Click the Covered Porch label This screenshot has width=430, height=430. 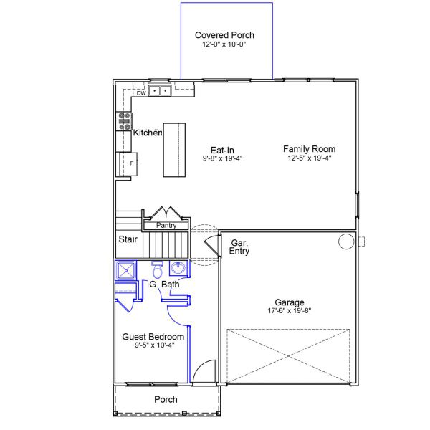click(224, 35)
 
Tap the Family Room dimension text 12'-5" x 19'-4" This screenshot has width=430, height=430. click(310, 158)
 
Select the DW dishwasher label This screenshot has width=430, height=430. click(141, 93)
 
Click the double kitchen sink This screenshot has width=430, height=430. click(160, 90)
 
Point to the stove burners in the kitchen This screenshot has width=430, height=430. click(124, 121)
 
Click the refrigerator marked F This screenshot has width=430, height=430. click(128, 164)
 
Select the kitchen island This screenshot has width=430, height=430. click(174, 150)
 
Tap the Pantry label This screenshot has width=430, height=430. click(166, 226)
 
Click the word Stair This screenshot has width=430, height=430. click(128, 239)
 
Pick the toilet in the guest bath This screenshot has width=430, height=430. click(158, 270)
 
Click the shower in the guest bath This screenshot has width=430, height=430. click(126, 270)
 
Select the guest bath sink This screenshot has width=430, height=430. click(178, 267)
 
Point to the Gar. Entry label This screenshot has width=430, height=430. click(239, 247)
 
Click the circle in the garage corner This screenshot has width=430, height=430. click(346, 242)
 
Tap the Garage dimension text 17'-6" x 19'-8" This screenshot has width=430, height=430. click(290, 311)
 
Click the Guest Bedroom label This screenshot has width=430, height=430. click(153, 337)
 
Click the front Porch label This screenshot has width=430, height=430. click(166, 400)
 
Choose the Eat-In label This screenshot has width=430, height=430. click(222, 150)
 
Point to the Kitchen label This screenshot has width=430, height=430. click(148, 133)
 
